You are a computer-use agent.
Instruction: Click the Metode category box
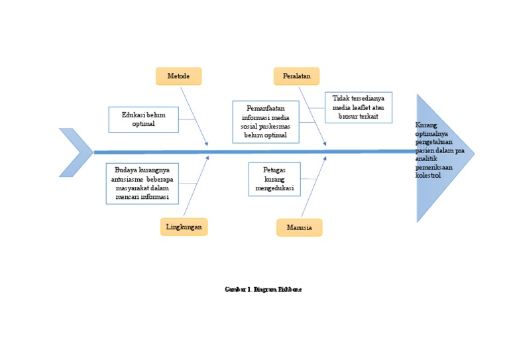pos(178,76)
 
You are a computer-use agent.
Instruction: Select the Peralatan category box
pos(296,76)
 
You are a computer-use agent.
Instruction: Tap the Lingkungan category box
pos(184,227)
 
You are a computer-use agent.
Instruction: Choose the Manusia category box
pos(299,227)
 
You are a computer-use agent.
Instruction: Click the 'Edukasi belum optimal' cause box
pos(143,119)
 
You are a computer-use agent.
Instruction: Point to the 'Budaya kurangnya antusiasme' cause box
pos(142,184)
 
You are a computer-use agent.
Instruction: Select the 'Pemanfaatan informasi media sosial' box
pos(265,121)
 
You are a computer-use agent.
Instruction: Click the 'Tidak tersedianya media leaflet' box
pos(358,107)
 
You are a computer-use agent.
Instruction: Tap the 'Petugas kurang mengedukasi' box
pos(274,179)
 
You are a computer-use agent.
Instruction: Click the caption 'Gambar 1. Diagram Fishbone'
pos(263,290)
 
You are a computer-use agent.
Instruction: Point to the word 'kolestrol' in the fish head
pos(428,176)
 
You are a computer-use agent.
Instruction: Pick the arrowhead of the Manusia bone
pos(325,158)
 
